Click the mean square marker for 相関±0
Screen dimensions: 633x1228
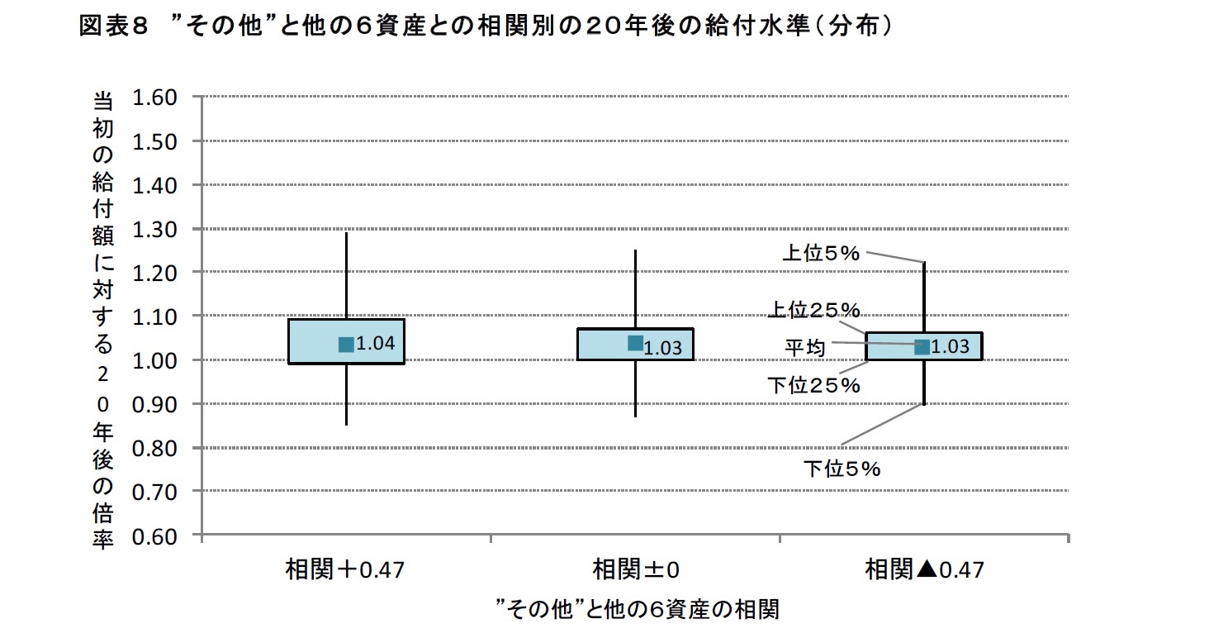click(635, 343)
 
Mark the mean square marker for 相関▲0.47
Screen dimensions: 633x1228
click(923, 347)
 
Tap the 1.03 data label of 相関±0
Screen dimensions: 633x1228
click(662, 348)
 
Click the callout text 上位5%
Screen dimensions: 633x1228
click(821, 254)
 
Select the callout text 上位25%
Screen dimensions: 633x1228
click(815, 310)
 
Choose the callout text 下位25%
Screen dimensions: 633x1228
click(813, 385)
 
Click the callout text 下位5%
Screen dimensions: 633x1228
click(842, 469)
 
